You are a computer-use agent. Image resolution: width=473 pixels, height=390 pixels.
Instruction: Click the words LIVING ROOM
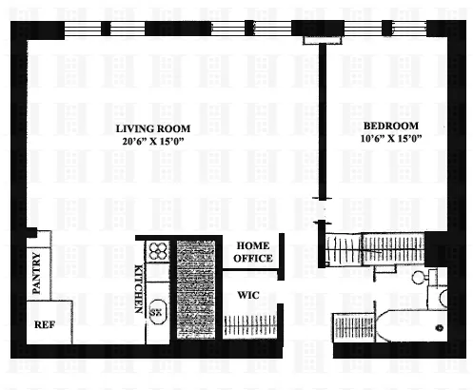click(152, 128)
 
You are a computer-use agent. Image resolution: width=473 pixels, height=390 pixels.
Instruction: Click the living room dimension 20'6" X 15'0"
click(152, 141)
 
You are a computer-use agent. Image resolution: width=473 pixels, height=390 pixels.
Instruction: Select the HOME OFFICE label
click(254, 251)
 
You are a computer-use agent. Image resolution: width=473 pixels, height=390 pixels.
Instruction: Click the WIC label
click(249, 294)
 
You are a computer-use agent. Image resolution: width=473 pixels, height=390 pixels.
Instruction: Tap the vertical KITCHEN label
click(139, 288)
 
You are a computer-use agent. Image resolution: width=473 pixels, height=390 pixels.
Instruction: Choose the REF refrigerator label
click(44, 324)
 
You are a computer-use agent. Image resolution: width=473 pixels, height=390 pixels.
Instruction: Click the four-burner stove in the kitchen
click(157, 251)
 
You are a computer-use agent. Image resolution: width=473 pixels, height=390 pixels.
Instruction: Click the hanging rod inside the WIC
click(252, 324)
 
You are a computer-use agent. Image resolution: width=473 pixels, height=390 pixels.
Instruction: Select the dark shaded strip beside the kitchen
click(194, 290)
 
